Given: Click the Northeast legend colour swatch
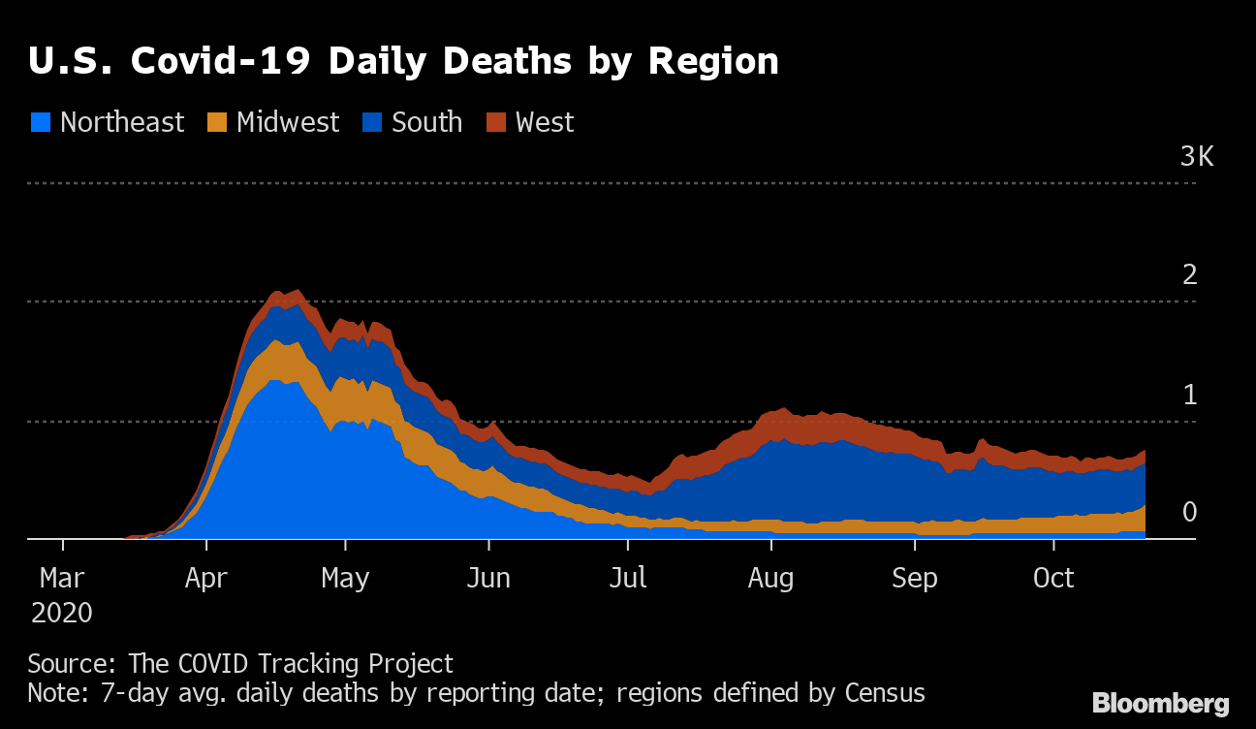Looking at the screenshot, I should [41, 123].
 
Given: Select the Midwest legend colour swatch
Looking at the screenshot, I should [218, 123].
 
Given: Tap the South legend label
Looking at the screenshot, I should [426, 123].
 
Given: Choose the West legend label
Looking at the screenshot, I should [545, 123].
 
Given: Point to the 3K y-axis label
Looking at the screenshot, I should [1197, 157].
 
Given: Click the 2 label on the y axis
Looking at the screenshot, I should [1190, 275].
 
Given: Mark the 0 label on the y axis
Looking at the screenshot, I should [1190, 513].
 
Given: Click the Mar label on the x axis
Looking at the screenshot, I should [63, 579].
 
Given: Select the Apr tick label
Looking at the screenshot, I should [205, 579].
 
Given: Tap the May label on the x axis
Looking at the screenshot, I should [346, 579].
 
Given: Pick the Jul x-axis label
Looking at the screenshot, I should [628, 579].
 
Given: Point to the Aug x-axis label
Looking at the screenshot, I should [771, 579].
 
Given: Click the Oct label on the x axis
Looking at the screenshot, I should [1053, 579].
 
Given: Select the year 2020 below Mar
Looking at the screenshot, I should [62, 614].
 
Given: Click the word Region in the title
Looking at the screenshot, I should [713, 61].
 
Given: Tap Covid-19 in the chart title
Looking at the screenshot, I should [221, 61].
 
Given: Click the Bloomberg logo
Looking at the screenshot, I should [1161, 704].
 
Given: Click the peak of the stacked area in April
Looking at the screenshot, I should [296, 291].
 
